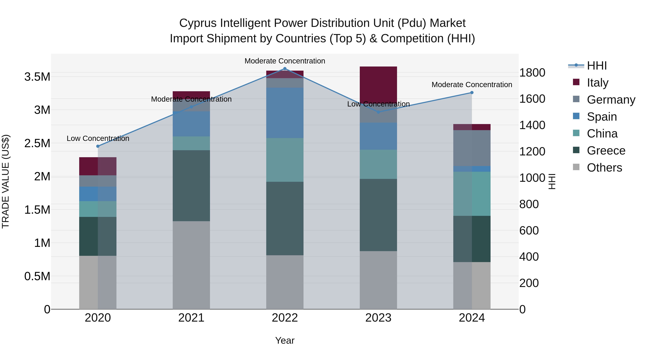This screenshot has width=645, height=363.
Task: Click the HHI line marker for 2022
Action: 285,69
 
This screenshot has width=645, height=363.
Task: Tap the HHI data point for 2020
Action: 98,146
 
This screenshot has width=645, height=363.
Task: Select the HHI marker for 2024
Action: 472,93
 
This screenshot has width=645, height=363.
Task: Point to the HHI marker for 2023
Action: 378,112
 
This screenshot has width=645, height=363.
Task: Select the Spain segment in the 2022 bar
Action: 285,113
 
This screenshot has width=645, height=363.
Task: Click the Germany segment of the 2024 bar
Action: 472,148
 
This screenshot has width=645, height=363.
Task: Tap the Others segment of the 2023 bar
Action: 378,280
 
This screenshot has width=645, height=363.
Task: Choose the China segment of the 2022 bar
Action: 285,160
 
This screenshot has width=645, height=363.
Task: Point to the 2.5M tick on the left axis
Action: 37,143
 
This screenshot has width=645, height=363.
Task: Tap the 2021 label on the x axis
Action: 191,318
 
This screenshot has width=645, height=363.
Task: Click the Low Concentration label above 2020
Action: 98,138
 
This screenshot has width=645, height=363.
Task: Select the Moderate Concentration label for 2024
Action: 472,85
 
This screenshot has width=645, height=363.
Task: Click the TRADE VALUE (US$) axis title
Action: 6,181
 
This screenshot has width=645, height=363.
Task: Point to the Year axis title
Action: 285,340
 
